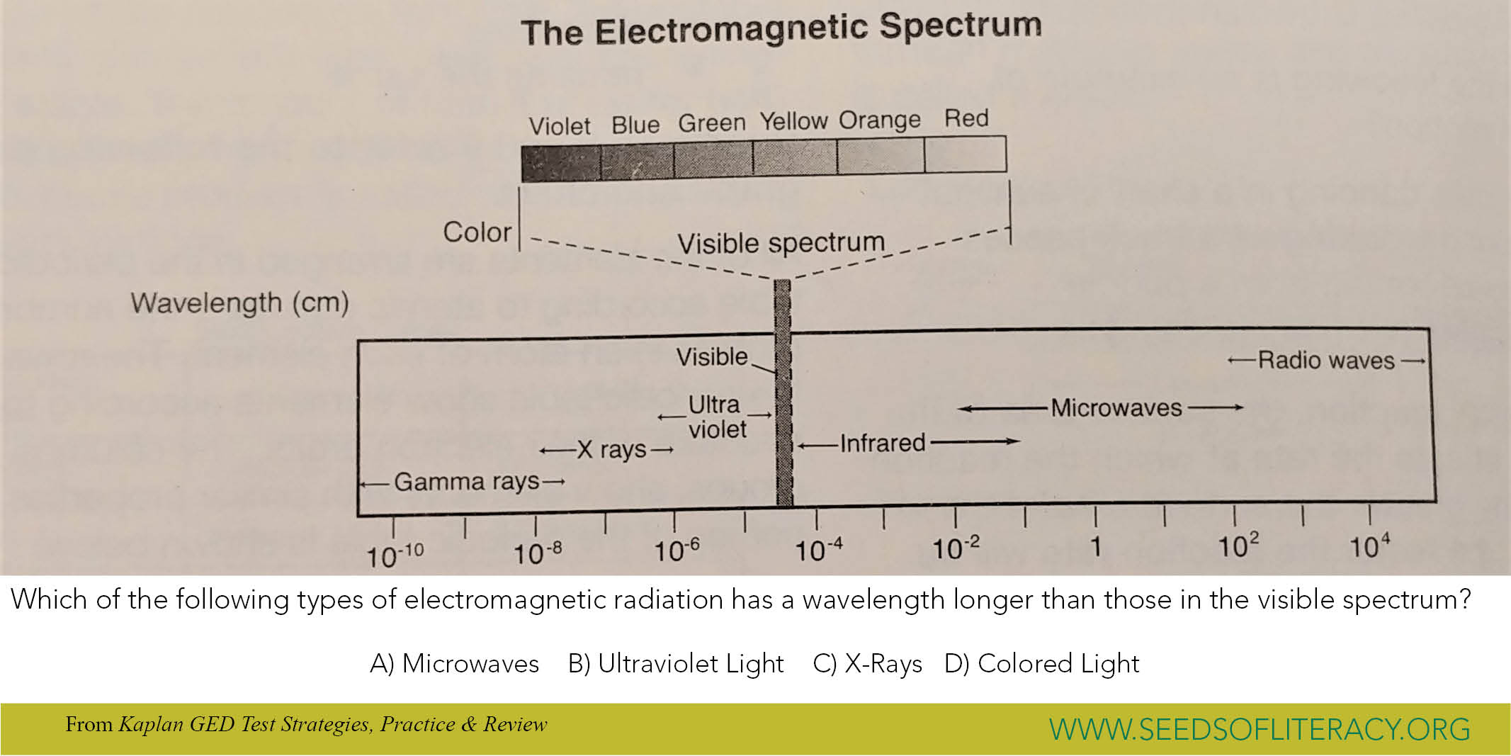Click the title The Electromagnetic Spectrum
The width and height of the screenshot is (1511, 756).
coord(781,30)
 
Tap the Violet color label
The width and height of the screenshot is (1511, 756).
coord(559,126)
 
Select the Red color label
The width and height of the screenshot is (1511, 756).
coord(966,118)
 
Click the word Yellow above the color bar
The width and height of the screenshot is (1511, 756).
coord(793,122)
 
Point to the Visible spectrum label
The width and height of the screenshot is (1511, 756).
coord(781,243)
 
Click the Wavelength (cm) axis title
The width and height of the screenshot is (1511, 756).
coord(239,303)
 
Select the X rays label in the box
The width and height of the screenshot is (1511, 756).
coord(611,449)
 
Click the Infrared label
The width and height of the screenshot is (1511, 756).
coord(883,444)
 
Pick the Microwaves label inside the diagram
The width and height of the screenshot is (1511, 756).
coord(1116,408)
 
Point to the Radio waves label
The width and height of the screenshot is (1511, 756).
coord(1325,361)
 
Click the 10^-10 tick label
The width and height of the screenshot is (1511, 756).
coord(395,555)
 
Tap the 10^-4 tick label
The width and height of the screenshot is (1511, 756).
coord(818,551)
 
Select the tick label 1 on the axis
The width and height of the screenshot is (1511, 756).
coord(1095,547)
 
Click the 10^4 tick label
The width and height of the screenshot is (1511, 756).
coord(1369,547)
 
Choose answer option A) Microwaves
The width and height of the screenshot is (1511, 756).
coord(454,664)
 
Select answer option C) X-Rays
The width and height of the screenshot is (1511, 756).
coord(867,664)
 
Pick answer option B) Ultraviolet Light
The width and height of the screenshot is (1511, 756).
coord(676,664)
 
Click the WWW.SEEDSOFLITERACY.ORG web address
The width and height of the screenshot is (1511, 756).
coord(1260,729)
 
